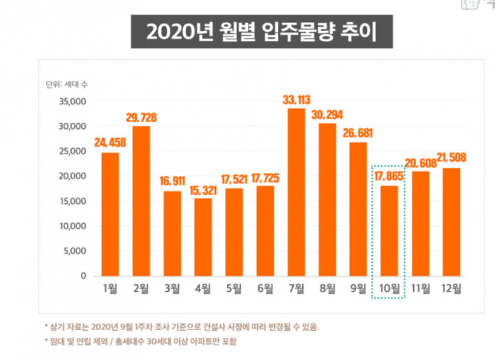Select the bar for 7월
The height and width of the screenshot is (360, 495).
tap(296, 193)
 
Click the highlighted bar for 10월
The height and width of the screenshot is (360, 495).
tap(389, 230)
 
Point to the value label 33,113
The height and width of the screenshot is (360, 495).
tap(296, 100)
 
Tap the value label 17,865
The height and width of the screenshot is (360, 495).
tap(389, 177)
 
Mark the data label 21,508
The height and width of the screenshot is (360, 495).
tap(452, 159)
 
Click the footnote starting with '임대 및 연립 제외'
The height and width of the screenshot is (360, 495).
tap(140, 341)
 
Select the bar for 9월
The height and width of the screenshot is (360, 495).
tap(358, 209)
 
